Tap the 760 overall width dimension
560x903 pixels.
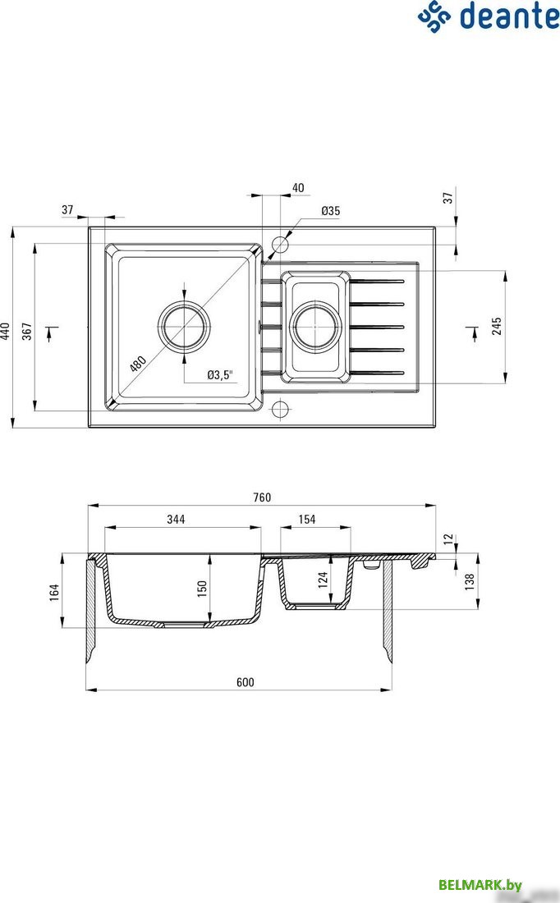point(261,497)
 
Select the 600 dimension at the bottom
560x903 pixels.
point(245,682)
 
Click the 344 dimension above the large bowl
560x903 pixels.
point(176,519)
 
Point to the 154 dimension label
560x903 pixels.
point(306,519)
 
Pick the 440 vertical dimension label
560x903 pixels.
point(7,330)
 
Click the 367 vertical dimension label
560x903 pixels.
point(27,330)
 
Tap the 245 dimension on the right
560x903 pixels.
point(496,327)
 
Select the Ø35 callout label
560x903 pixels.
point(330,211)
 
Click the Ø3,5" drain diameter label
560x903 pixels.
point(220,374)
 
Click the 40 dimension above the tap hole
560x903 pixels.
point(297,188)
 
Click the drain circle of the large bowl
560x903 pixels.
point(184,326)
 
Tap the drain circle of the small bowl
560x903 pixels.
point(314,326)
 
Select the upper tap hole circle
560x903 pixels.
point(281,245)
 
